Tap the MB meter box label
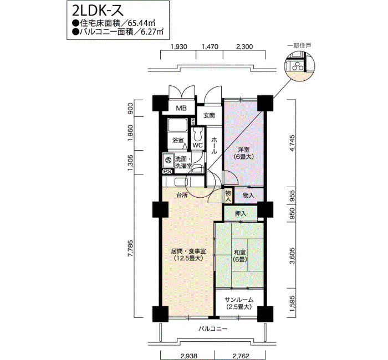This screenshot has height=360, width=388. (x=181, y=108)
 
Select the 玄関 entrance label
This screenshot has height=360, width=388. (x=209, y=115)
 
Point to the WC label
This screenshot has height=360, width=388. (x=198, y=145)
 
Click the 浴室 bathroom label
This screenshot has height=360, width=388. (x=178, y=141)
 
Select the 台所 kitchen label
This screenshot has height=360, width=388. (x=182, y=195)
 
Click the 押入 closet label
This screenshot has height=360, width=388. (x=241, y=213)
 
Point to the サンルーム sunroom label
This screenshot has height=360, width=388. (x=239, y=304)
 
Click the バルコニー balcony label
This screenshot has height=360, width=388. (x=213, y=329)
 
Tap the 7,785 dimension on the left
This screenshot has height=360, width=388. (x=130, y=249)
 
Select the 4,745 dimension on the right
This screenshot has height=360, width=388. (x=293, y=143)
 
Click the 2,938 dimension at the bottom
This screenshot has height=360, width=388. (x=189, y=356)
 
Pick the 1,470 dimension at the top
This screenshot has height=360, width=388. (x=210, y=47)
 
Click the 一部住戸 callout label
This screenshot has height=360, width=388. (x=299, y=45)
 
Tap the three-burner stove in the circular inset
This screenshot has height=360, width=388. (x=297, y=66)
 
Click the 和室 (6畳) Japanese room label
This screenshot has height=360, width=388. (x=240, y=256)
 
